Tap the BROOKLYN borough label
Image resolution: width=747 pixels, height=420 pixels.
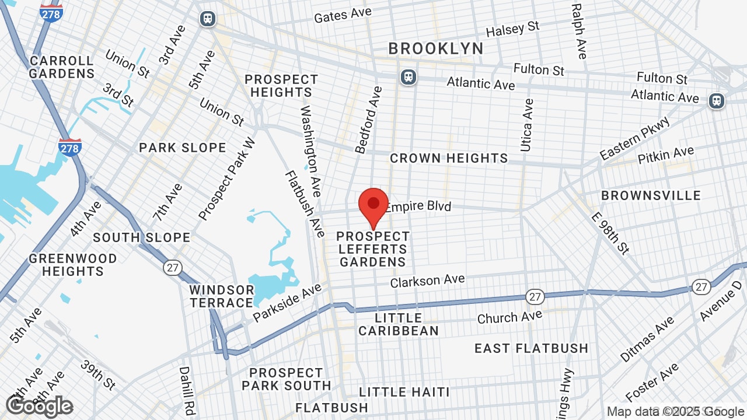click(x=436, y=48)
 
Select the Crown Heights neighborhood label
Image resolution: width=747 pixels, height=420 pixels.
click(x=449, y=158)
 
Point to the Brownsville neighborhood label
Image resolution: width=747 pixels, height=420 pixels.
click(x=651, y=195)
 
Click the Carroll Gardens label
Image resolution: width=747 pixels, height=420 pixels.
click(x=61, y=67)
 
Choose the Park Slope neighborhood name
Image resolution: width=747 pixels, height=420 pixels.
click(x=182, y=148)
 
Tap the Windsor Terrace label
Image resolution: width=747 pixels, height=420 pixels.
click(x=221, y=296)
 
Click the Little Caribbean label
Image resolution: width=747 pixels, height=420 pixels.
click(x=399, y=324)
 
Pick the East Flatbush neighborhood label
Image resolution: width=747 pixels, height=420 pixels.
click(x=531, y=348)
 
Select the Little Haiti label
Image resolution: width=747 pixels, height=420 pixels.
click(x=404, y=392)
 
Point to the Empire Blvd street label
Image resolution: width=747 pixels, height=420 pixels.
click(x=418, y=206)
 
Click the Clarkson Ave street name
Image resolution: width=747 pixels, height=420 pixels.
click(x=427, y=281)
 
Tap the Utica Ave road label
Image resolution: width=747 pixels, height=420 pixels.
click(x=526, y=125)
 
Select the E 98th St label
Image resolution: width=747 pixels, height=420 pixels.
click(x=610, y=233)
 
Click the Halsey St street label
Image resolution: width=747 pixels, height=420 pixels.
click(x=512, y=29)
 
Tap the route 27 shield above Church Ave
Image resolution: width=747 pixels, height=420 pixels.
click(x=535, y=296)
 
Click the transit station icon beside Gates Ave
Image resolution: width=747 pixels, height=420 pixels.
click(x=207, y=19)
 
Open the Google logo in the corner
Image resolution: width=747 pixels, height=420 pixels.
click(x=40, y=406)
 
